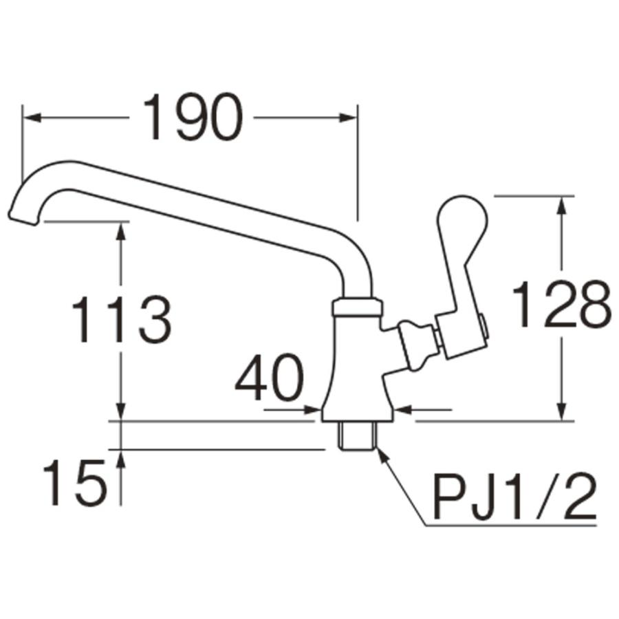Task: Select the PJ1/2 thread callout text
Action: (513, 497)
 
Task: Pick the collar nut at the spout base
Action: (356, 307)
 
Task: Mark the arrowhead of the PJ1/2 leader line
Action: (380, 453)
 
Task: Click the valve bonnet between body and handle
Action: (411, 344)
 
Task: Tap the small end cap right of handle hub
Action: (486, 326)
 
